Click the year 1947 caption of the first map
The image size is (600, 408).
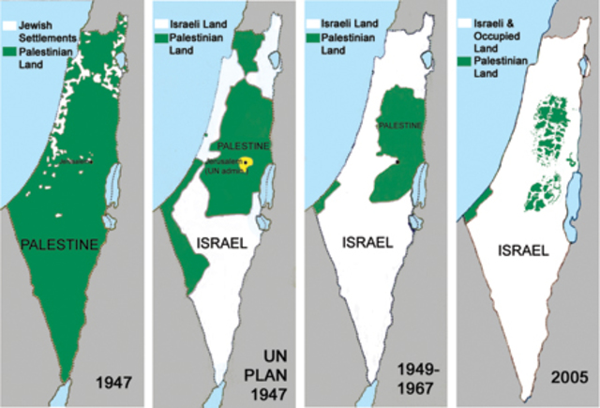point(112,382)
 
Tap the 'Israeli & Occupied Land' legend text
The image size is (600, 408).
point(502,27)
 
